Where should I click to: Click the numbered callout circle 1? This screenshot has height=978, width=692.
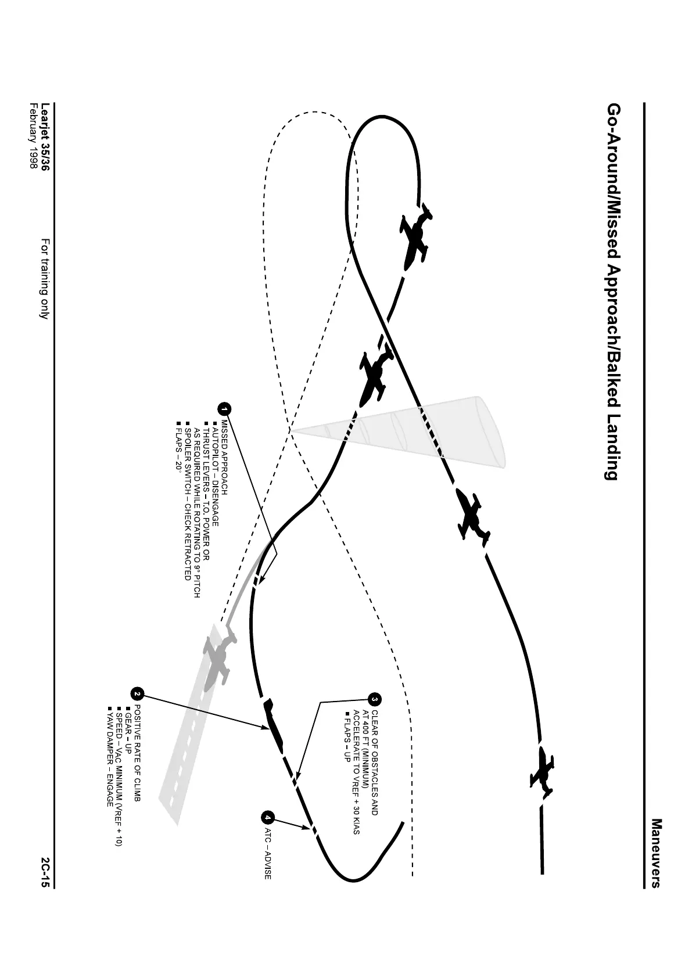tap(225, 409)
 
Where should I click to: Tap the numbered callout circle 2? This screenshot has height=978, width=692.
tap(138, 693)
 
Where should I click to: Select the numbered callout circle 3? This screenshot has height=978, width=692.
tap(375, 699)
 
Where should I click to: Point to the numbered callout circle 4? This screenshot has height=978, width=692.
tap(267, 817)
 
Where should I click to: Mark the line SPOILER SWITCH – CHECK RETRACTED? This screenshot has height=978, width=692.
tap(187, 501)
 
